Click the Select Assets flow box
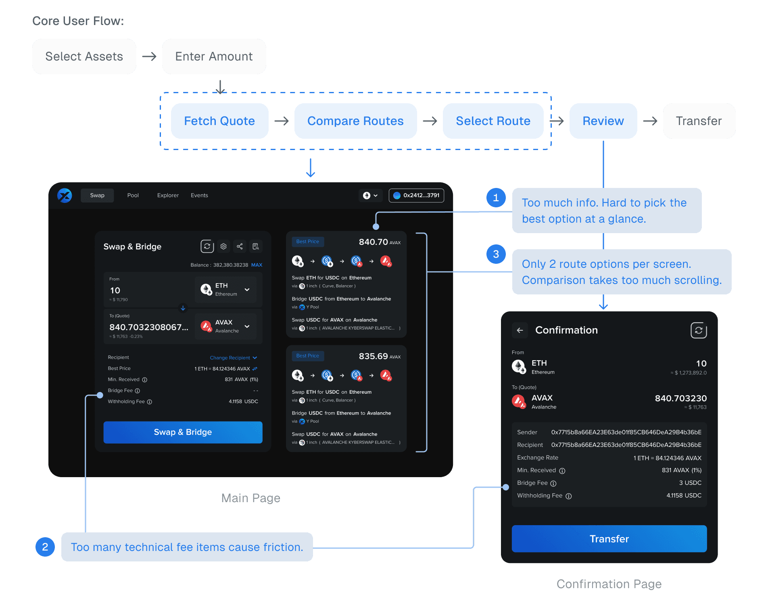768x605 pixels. [84, 56]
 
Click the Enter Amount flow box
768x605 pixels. [214, 56]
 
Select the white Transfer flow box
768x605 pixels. [699, 121]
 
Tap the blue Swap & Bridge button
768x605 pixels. [183, 432]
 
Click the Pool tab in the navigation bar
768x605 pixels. [133, 195]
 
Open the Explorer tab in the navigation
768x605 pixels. [168, 195]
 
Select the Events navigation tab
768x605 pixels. [199, 195]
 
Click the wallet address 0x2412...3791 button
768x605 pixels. [416, 195]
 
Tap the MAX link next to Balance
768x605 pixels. [257, 265]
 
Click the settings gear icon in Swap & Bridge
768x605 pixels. [223, 246]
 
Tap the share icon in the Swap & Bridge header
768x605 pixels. [240, 246]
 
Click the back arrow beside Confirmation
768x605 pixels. [520, 330]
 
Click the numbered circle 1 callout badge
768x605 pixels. [496, 198]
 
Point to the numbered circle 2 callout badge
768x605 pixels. [45, 547]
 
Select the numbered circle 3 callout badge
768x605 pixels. [496, 254]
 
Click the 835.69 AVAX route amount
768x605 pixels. [379, 356]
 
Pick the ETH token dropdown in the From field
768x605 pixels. [225, 290]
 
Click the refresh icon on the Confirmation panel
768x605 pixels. [699, 330]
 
